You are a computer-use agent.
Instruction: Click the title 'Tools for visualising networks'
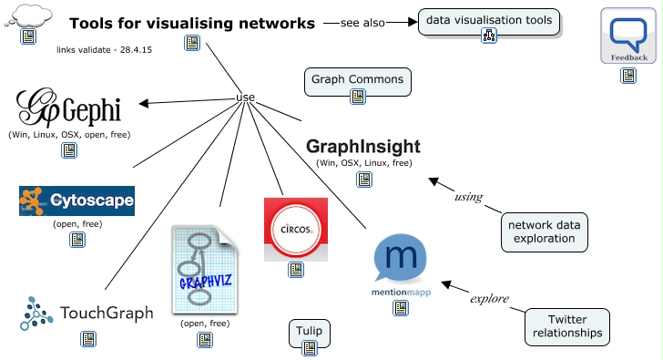[x=192, y=23]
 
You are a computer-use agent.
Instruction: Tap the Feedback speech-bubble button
[x=629, y=36]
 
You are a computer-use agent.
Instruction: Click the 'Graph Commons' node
[x=357, y=80]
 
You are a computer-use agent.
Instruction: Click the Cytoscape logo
[x=76, y=201]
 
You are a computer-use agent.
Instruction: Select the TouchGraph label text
[x=102, y=314]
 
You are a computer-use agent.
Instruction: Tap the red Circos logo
[x=295, y=229]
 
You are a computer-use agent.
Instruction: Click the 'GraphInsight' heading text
[x=363, y=146]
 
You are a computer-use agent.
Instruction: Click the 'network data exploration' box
[x=543, y=231]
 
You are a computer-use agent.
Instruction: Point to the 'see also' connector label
[x=362, y=23]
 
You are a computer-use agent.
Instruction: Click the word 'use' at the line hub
[x=245, y=98]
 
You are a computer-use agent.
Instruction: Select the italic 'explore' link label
[x=488, y=298]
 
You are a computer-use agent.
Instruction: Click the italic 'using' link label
[x=467, y=197]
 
